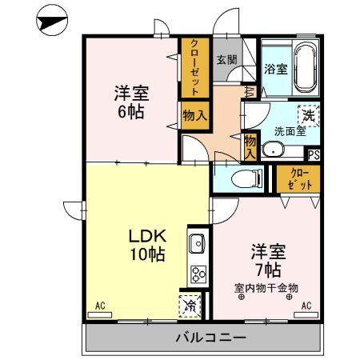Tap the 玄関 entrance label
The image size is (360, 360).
coord(226,59)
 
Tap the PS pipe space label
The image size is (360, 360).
coord(314,155)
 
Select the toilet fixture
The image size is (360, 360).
coord(243,178)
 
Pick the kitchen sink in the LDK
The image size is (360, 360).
coord(197,242)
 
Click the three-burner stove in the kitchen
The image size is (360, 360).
coord(197,274)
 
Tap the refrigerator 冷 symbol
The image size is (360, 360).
coord(190,304)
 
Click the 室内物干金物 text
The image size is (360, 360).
coord(266,287)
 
